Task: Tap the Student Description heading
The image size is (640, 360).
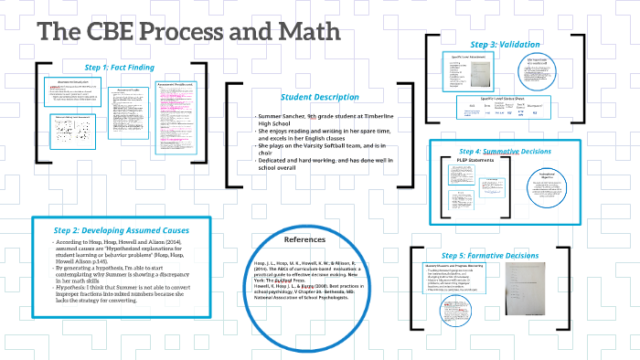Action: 321,97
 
